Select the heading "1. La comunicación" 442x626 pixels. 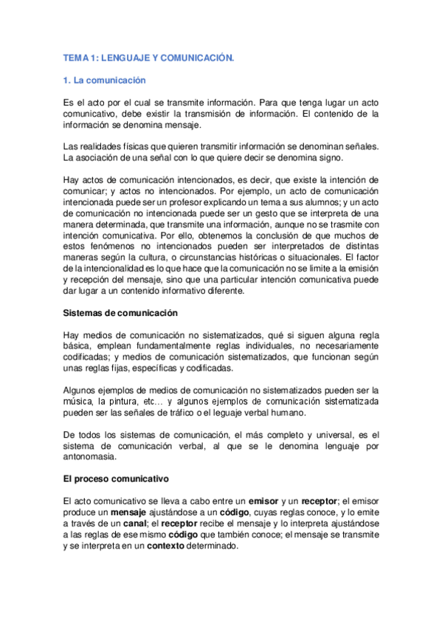pos(105,80)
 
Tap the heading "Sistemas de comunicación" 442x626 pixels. pos(120,313)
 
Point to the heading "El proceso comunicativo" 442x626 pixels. pos(116,478)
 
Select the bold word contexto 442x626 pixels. pos(209,546)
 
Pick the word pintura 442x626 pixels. pos(128,400)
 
